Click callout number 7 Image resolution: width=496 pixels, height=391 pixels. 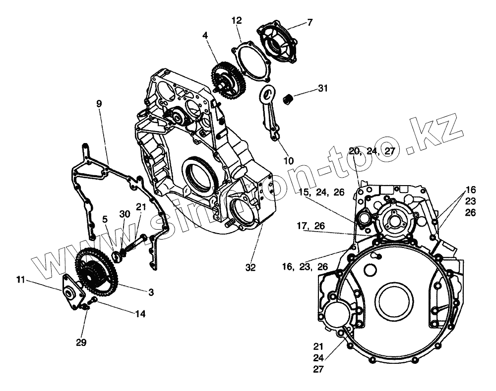coord(310,22)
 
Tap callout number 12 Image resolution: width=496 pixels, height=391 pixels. coord(237,20)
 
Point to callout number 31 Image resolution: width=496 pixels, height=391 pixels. coord(323,89)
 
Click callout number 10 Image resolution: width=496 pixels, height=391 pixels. coord(289,160)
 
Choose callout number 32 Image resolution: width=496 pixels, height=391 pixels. coord(250,267)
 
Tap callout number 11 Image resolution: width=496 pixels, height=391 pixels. coord(19,280)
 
